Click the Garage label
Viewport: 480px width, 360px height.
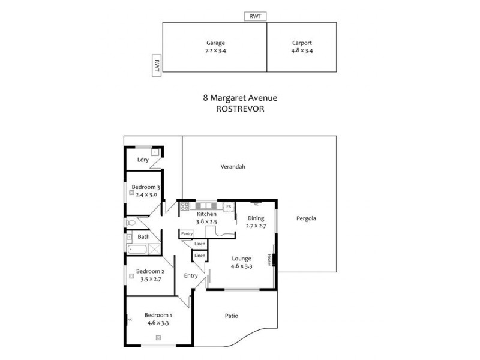coord(216,43)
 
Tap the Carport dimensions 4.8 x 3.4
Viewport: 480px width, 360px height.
coord(302,51)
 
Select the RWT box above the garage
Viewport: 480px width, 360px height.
coord(255,17)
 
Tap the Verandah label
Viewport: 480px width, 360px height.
coord(233,167)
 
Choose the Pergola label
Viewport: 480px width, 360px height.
coord(306,218)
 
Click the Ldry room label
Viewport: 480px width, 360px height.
coord(143,160)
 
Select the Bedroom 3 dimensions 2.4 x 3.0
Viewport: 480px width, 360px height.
coord(147,194)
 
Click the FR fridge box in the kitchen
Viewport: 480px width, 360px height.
coord(228,207)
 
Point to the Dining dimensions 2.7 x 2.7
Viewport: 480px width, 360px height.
coord(255,226)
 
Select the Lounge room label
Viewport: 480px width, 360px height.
coord(242,259)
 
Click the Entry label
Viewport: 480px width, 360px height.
coord(191,275)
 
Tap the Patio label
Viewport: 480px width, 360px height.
coord(232,315)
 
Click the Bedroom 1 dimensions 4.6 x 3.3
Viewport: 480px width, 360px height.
coord(159,323)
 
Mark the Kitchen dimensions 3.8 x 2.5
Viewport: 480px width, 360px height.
coord(206,222)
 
